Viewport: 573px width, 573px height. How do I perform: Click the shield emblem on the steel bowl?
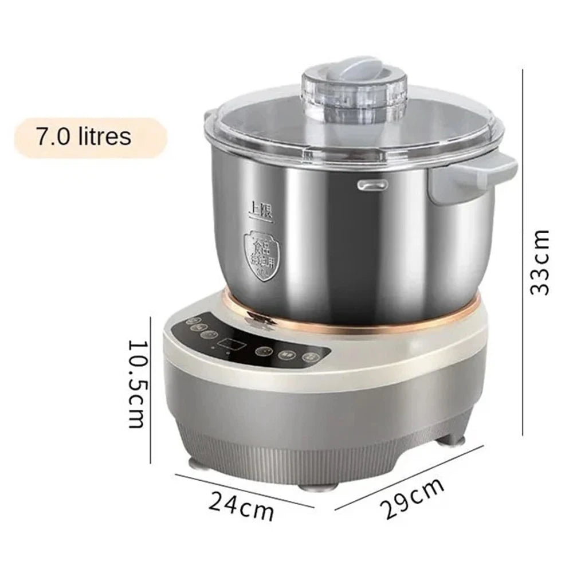261,254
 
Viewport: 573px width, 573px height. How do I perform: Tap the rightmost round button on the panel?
311,356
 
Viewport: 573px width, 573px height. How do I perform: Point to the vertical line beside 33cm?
523,252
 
